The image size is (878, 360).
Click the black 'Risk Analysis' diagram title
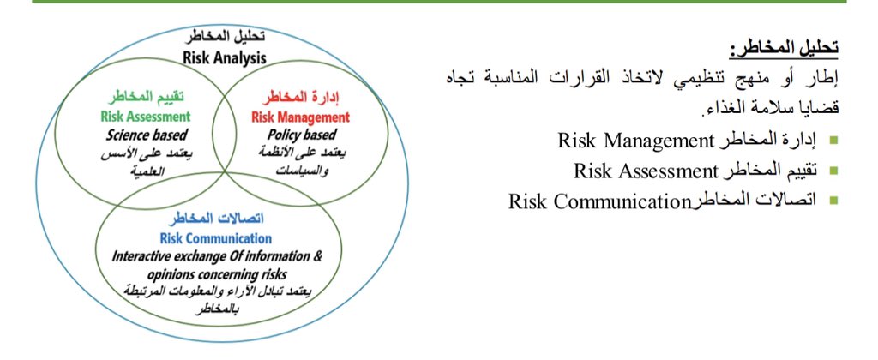225,58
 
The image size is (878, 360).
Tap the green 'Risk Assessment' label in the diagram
145,117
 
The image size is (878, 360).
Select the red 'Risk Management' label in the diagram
301,117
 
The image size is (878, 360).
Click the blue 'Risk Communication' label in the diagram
215,238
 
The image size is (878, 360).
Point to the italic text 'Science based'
147,135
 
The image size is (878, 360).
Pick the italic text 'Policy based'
300,135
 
